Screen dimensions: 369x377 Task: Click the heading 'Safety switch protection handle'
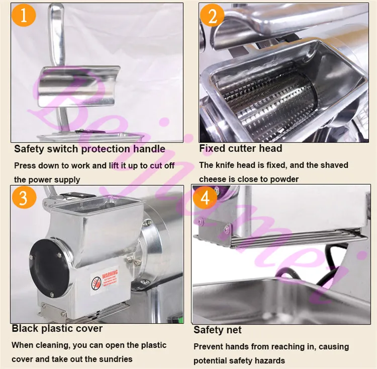(89, 149)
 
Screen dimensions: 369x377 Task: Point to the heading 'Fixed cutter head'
(240, 149)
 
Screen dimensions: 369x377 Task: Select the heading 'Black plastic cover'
(57, 329)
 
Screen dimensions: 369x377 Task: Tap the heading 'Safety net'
(218, 330)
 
